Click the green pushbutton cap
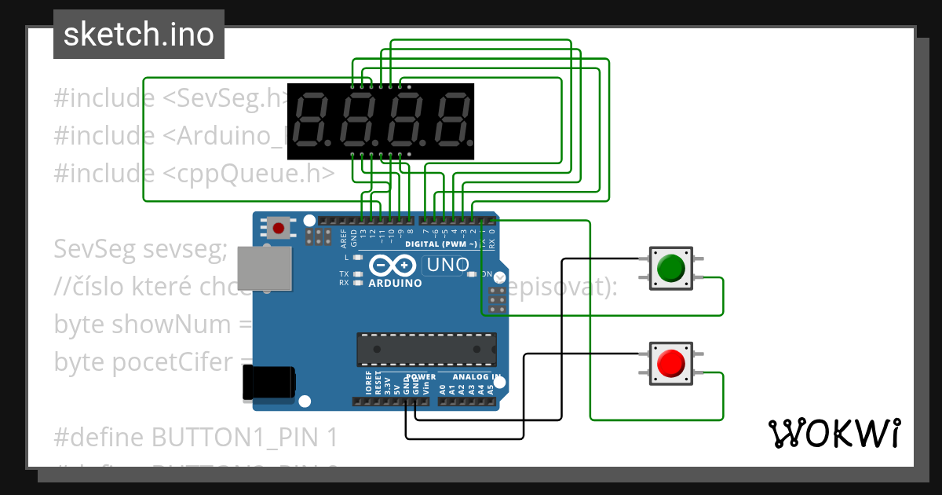pyautogui.click(x=670, y=268)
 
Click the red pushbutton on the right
pyautogui.click(x=670, y=363)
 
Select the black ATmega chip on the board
pyautogui.click(x=426, y=350)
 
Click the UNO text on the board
pyautogui.click(x=447, y=266)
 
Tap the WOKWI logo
pyautogui.click(x=834, y=433)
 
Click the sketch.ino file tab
pyautogui.click(x=138, y=35)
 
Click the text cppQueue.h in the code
pyautogui.click(x=250, y=174)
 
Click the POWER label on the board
pyautogui.click(x=420, y=377)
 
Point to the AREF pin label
pyautogui.click(x=343, y=236)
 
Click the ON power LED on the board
pyautogui.click(x=472, y=274)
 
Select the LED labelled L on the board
pyautogui.click(x=358, y=258)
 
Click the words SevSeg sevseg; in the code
pyautogui.click(x=141, y=250)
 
